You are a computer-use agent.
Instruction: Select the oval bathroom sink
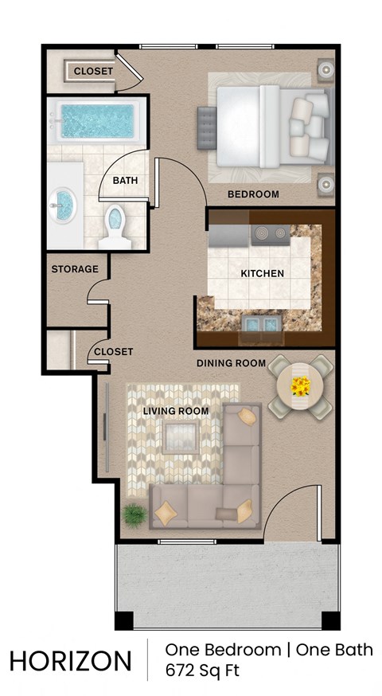coord(64,205)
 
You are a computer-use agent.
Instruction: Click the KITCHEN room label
coord(262,274)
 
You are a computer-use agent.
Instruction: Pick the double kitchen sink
coord(260,323)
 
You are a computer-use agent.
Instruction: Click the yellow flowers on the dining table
coord(300,387)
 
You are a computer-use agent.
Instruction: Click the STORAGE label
coord(75,269)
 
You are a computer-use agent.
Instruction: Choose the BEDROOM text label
coord(253,194)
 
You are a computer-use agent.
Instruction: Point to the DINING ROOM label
coord(231,364)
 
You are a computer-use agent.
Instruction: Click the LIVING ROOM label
coord(176,412)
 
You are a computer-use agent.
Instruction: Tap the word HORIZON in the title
coord(71,661)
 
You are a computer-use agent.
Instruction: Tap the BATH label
coord(125,181)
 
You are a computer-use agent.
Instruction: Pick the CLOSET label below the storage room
coord(113,351)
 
